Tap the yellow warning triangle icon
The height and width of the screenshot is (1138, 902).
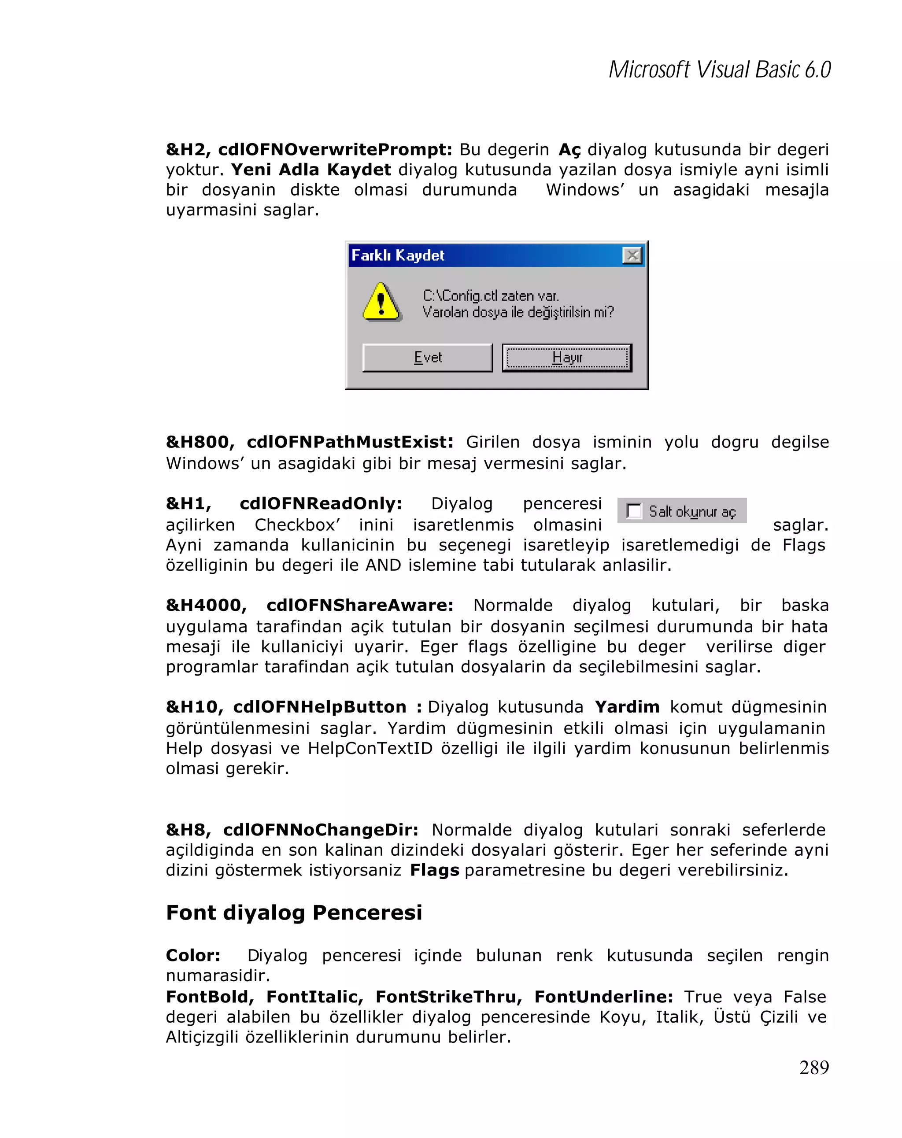click(381, 302)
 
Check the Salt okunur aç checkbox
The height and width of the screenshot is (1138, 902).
click(633, 511)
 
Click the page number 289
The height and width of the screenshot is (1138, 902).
click(813, 1067)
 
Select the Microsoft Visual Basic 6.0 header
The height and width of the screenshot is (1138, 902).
click(719, 70)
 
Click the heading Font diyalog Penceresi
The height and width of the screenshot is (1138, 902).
click(294, 912)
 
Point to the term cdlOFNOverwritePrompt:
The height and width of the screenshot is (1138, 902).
click(335, 149)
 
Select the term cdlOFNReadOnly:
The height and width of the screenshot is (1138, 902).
click(320, 503)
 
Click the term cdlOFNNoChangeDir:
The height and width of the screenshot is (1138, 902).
click(320, 829)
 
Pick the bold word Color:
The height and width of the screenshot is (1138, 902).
click(192, 955)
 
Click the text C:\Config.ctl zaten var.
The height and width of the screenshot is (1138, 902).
click(491, 296)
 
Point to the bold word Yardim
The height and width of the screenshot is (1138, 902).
click(626, 706)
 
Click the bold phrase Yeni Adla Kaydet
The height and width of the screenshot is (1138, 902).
click(311, 170)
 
